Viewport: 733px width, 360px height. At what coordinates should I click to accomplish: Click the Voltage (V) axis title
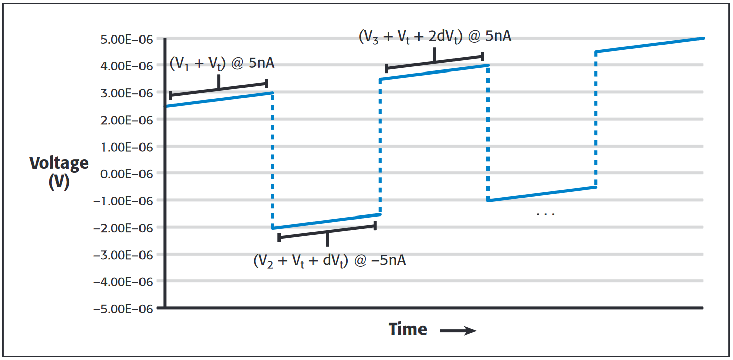point(59,172)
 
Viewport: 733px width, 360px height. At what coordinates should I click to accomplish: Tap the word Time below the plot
point(408,330)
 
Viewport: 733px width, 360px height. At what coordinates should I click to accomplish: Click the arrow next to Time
point(458,331)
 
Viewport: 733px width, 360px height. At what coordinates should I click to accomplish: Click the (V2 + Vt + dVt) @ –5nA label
point(329,261)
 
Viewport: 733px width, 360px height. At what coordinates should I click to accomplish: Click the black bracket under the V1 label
point(219,88)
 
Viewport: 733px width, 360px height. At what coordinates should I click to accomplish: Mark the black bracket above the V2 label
point(327,232)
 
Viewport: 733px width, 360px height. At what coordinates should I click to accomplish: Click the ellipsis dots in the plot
point(546,214)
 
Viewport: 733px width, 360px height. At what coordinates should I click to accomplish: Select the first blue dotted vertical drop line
point(273,160)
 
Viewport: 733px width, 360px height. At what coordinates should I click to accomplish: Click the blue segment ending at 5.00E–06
point(649,45)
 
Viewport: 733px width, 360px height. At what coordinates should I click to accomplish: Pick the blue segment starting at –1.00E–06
point(541,194)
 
